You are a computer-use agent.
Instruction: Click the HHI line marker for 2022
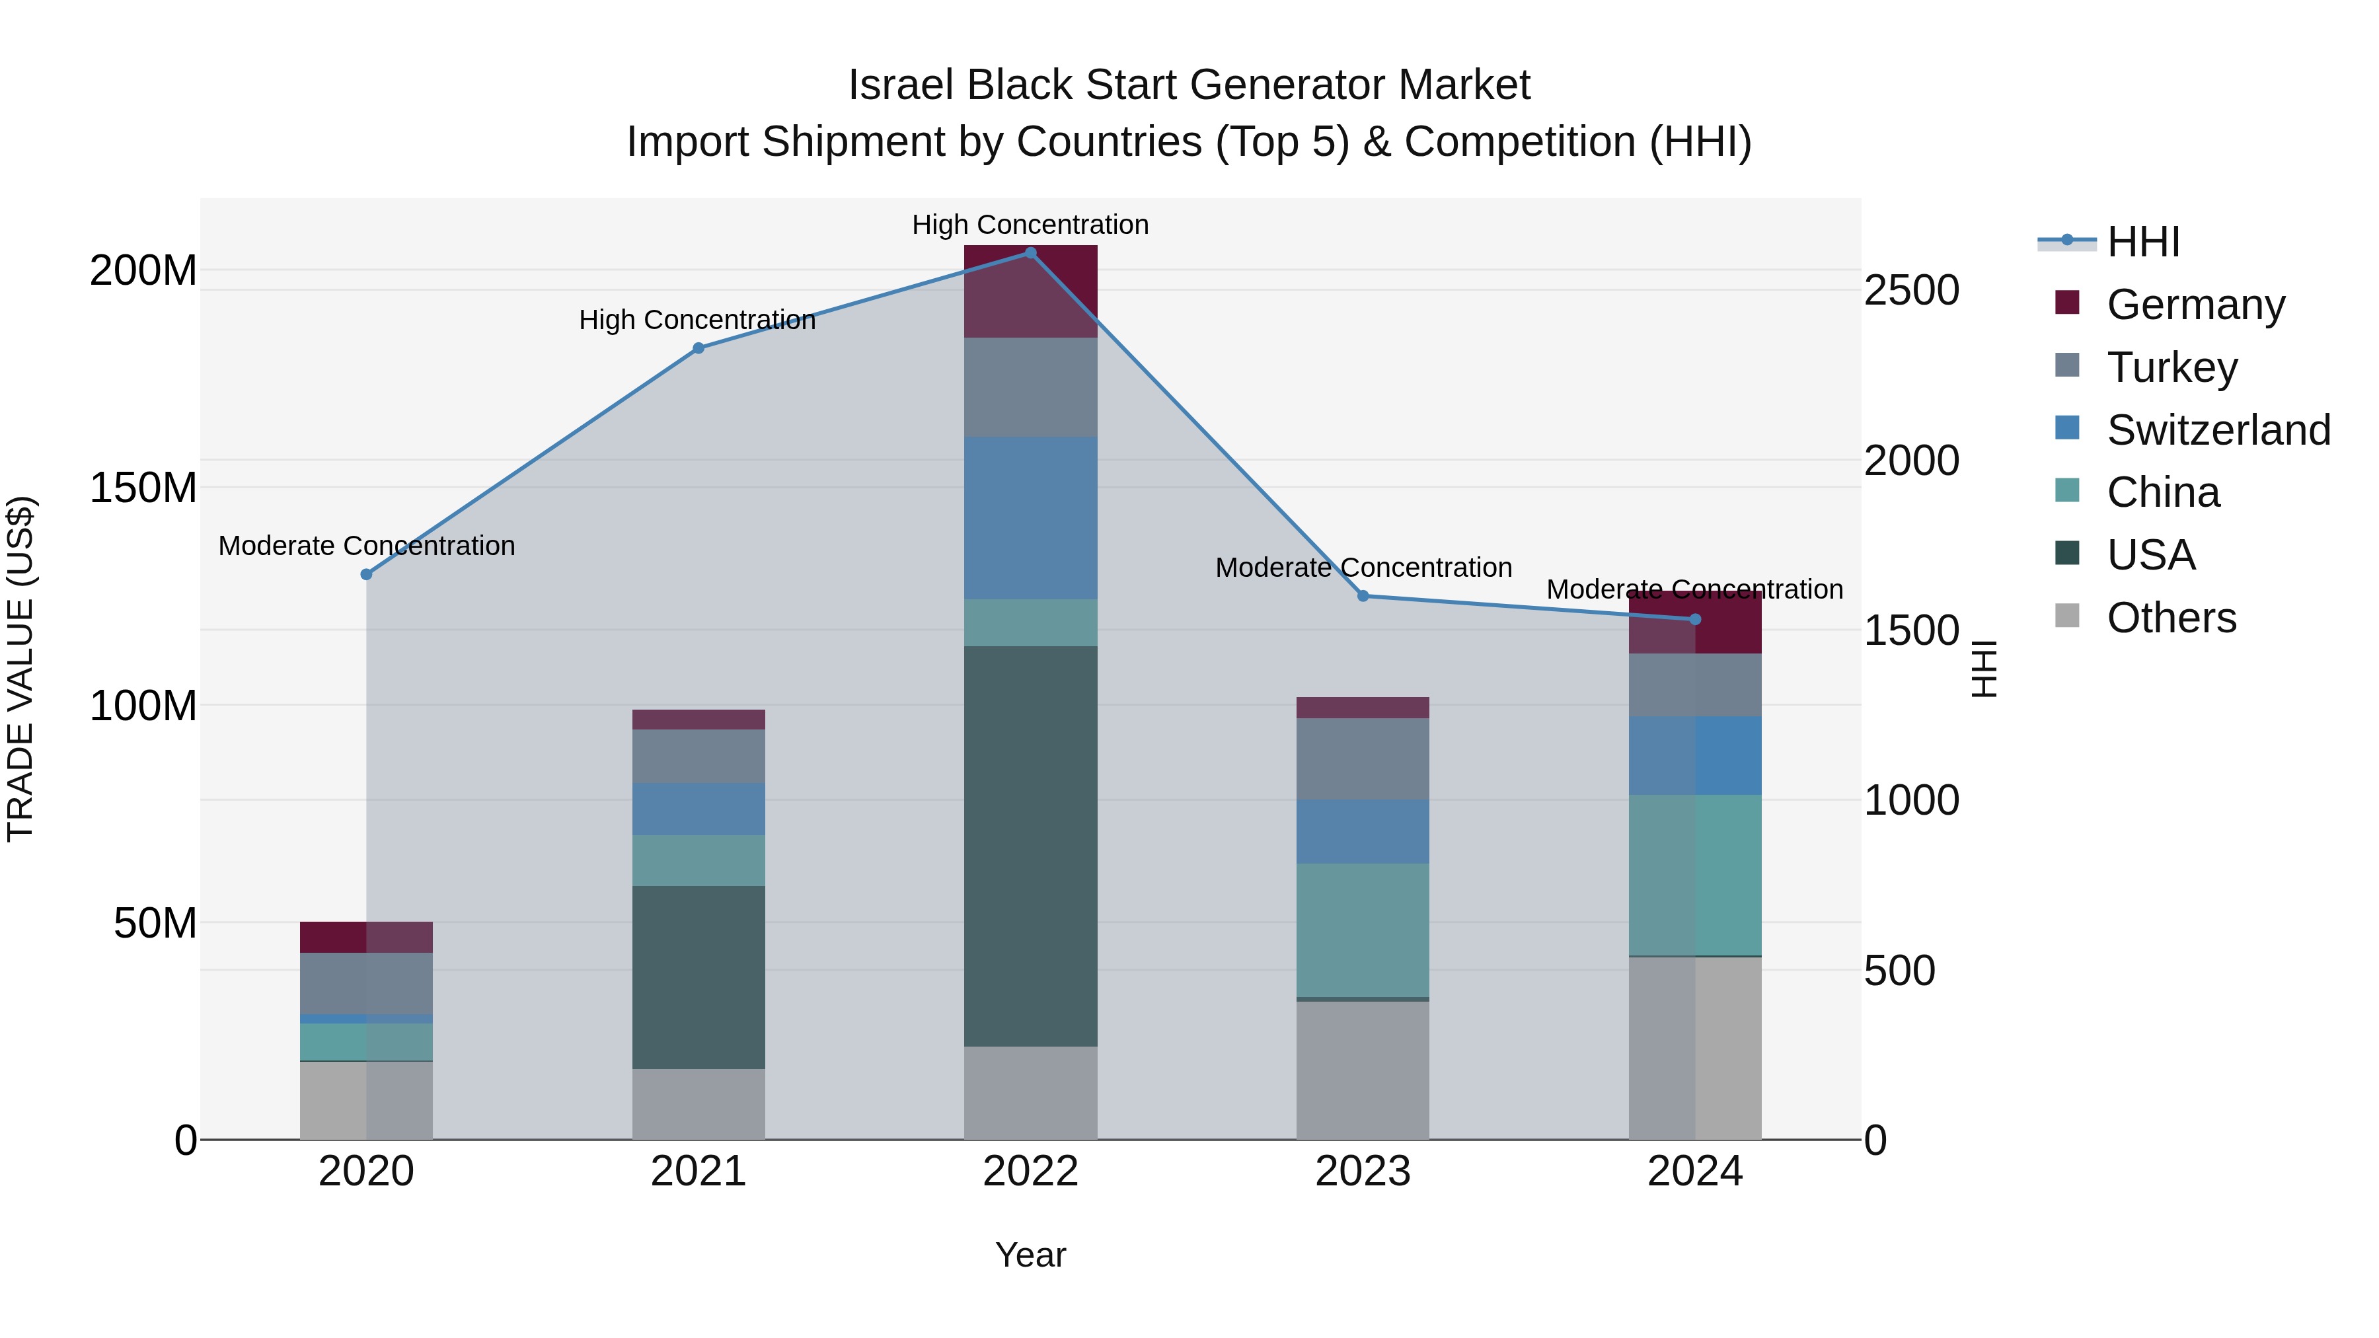[x=1031, y=252]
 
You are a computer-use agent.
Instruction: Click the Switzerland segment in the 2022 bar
[x=1031, y=517]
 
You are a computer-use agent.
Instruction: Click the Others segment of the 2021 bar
[x=699, y=1103]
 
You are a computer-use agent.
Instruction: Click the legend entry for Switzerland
[x=2218, y=430]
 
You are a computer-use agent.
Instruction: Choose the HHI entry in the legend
[x=2142, y=242]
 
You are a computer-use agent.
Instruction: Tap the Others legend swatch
[x=2067, y=616]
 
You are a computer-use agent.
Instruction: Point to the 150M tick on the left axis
[x=143, y=488]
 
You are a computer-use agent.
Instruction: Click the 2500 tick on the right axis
[x=1910, y=290]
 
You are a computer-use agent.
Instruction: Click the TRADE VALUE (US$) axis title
[x=20, y=669]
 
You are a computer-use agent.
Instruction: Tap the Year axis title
[x=1031, y=1255]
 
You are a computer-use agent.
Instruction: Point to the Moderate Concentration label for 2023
[x=1363, y=568]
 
